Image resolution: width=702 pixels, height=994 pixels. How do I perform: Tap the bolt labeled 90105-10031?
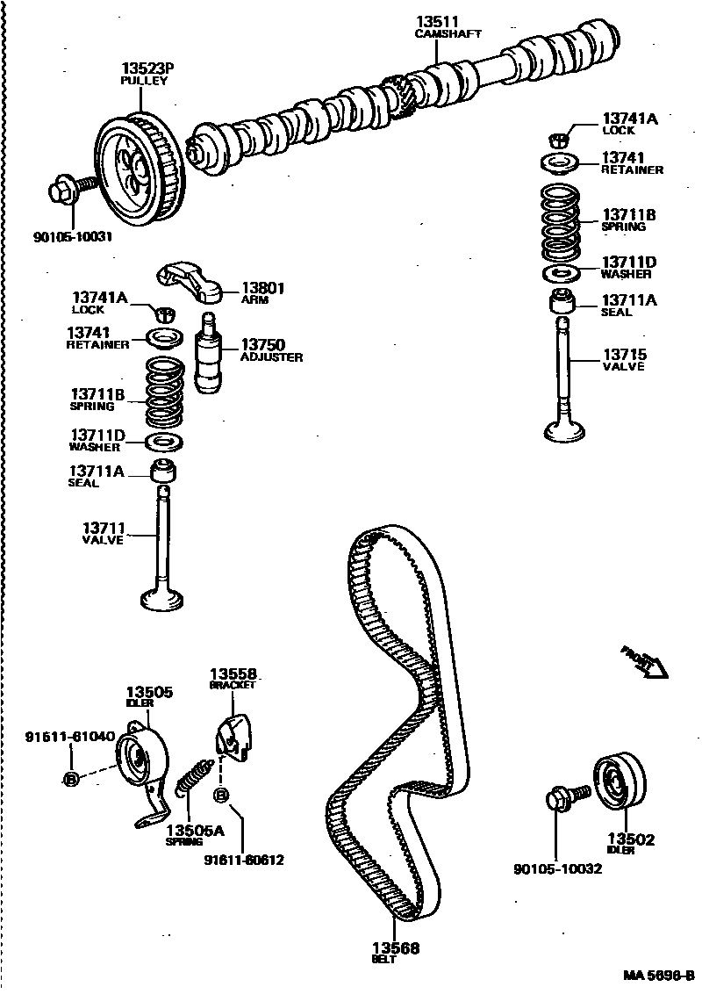coord(70,189)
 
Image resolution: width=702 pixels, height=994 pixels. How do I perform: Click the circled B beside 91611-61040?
coord(72,778)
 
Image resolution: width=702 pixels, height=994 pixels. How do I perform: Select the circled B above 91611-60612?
coord(221,796)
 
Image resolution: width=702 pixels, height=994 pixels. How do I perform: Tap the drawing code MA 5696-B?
coord(658,976)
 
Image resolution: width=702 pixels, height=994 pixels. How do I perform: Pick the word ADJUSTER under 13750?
coord(272,357)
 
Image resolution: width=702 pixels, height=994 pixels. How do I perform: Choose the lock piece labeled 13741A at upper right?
coord(559,137)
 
